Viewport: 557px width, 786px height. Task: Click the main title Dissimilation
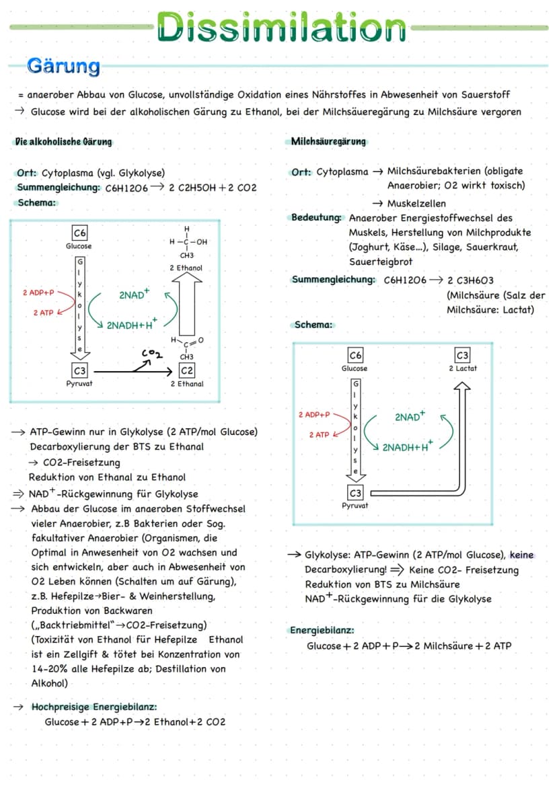tap(281, 27)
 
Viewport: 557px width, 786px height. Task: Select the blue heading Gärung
tap(64, 66)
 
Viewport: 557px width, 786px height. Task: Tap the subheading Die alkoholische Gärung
tap(63, 142)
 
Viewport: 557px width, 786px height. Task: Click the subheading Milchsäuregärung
tap(328, 141)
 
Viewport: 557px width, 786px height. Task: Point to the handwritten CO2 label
tap(152, 354)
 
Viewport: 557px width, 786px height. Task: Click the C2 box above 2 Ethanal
tap(186, 370)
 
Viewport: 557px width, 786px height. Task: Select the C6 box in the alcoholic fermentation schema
tap(79, 233)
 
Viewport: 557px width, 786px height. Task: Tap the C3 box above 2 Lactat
tap(462, 355)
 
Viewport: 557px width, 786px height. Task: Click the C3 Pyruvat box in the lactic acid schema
tap(355, 493)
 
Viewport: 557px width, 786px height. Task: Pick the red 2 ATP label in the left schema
tap(43, 313)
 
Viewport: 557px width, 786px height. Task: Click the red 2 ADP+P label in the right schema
tap(314, 415)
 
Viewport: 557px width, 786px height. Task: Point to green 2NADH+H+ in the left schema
tap(132, 324)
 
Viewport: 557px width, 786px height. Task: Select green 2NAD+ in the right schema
tap(410, 416)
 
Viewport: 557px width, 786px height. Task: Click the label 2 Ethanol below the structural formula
tap(186, 268)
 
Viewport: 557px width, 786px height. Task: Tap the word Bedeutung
tap(316, 218)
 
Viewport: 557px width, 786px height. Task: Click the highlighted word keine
tap(521, 555)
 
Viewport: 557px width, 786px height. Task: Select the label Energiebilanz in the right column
tap(322, 630)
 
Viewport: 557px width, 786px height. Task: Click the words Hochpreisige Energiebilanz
tap(94, 707)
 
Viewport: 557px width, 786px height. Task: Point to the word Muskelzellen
tap(416, 204)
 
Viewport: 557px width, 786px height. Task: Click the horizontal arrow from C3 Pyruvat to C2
tap(133, 371)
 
